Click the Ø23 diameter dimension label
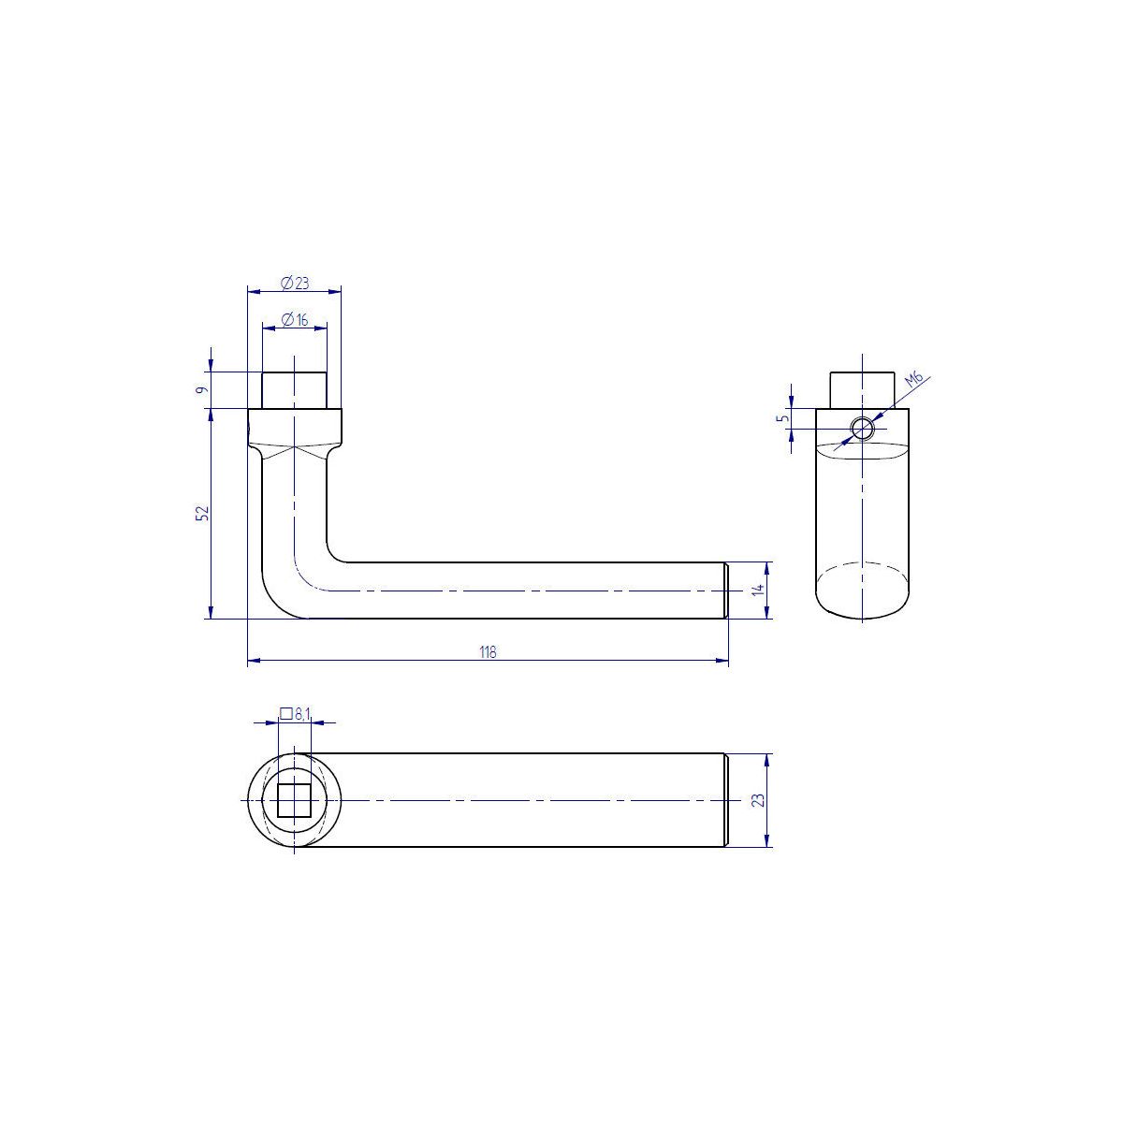[295, 284]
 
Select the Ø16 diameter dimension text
[295, 319]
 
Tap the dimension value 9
[201, 390]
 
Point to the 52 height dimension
[201, 513]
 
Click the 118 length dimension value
[488, 652]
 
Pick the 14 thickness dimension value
[758, 590]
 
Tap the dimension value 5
[784, 417]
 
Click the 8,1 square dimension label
[303, 714]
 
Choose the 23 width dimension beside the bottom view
[758, 800]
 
